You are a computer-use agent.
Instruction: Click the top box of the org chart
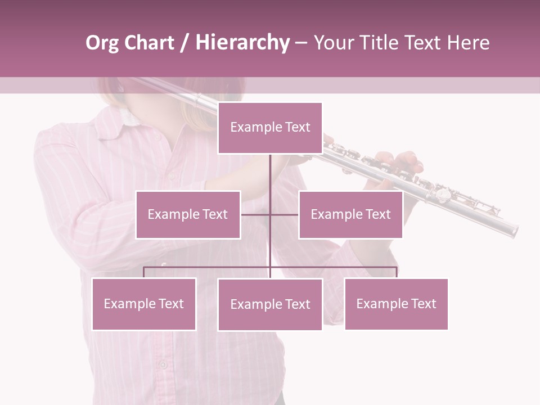(270, 128)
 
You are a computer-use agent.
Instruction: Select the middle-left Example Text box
(188, 214)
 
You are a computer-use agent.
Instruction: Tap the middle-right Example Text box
(350, 214)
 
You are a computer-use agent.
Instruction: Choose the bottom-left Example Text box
(144, 304)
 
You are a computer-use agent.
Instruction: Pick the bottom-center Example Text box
(270, 304)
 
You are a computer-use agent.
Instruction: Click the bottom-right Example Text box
(396, 304)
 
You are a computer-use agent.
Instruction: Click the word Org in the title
(102, 43)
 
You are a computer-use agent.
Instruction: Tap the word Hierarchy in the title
(242, 43)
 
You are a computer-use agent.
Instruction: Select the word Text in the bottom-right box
(422, 304)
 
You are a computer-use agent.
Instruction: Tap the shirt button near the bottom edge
(163, 364)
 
